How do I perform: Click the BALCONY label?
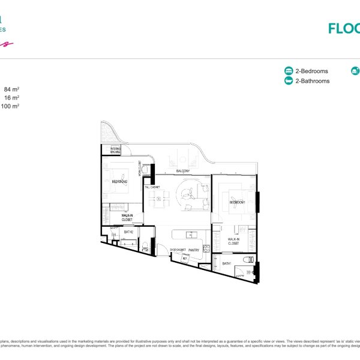pos(184,172)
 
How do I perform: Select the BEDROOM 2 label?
pos(120,182)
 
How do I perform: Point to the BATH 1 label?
pos(227,263)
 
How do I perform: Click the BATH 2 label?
pos(128,232)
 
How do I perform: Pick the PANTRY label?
pos(193,249)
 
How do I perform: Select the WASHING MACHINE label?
pos(116,150)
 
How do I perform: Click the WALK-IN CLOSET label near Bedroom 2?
pos(127,217)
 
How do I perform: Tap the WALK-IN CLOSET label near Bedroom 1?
pos(233,242)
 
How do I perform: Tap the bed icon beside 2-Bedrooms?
pos(288,71)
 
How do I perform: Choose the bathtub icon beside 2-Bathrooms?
pos(288,81)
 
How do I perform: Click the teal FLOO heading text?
pos(344,28)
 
